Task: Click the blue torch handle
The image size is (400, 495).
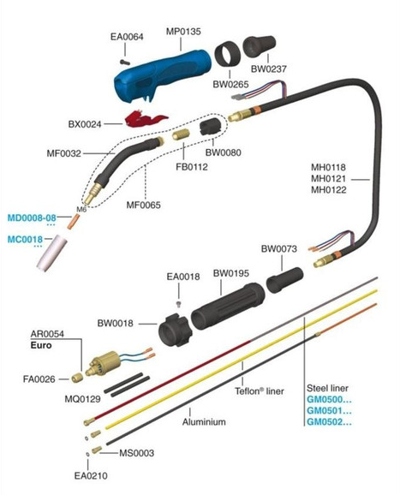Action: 161,75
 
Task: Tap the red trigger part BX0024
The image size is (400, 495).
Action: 146,118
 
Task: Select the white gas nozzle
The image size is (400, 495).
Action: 51,253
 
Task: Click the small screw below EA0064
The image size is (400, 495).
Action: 125,63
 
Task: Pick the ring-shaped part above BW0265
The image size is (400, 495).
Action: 227,55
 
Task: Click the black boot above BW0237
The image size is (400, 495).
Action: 260,46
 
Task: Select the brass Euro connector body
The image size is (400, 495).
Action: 104,364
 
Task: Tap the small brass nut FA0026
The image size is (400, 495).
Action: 77,378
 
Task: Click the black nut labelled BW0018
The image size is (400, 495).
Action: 175,330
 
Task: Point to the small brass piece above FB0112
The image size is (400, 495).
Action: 181,134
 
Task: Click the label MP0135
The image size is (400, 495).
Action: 183,32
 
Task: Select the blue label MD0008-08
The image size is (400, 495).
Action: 32,218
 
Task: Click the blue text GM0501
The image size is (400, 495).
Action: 329,410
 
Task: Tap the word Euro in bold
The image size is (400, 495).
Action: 41,345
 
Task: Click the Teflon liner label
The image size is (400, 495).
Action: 260,391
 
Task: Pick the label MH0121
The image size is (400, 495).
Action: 328,179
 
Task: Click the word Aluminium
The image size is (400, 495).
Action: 204,421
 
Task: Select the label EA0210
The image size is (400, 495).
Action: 91,475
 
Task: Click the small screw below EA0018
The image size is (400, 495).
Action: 179,304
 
